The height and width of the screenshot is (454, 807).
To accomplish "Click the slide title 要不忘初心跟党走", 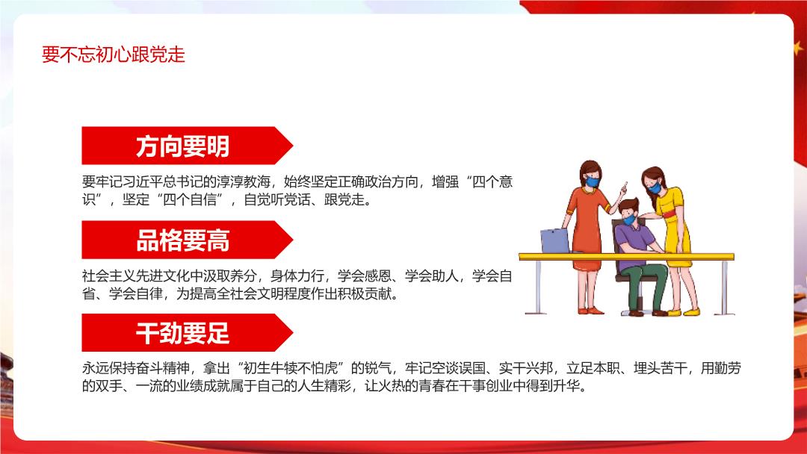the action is click(x=114, y=55).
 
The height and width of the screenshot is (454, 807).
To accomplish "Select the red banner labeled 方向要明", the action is click(x=187, y=146).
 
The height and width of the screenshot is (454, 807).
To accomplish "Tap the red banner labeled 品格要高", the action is click(x=187, y=240).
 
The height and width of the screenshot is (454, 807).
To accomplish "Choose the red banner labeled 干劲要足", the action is click(x=187, y=332).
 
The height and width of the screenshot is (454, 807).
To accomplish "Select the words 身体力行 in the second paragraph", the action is click(x=297, y=276).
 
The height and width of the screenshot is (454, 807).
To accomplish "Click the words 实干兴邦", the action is click(x=526, y=368).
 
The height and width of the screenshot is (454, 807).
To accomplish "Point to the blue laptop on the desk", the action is click(x=554, y=240).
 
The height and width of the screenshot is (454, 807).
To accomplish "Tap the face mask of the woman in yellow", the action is click(x=655, y=187).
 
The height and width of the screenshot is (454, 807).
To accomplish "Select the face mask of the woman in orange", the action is click(x=593, y=181).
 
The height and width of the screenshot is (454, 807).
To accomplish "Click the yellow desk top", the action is click(x=626, y=257).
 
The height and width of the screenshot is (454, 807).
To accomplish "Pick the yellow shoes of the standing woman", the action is click(x=684, y=312).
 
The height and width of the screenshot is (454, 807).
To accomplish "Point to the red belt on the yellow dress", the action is click(x=670, y=214).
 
